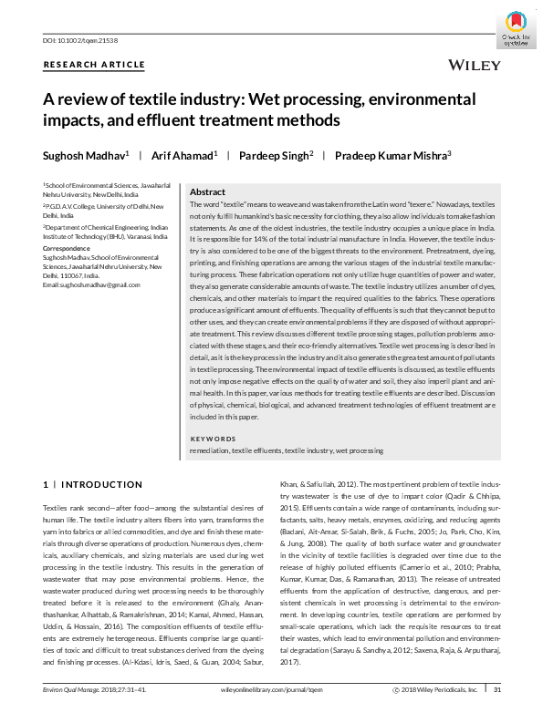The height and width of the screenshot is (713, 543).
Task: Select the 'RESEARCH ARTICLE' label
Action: tap(94, 65)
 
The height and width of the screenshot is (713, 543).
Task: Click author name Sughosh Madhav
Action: tap(83, 156)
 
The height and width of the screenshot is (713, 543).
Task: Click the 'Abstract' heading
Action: tap(207, 193)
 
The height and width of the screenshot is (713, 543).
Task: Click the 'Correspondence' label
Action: tap(68, 246)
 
